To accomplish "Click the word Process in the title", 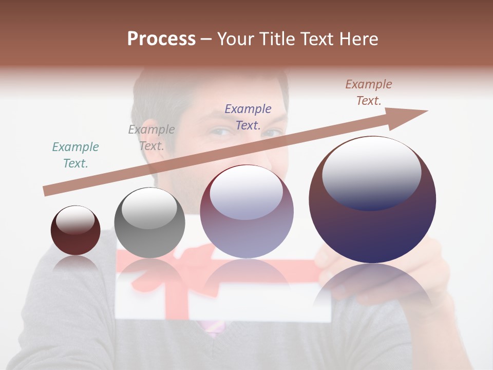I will pos(161,39).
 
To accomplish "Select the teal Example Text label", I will pos(75,155).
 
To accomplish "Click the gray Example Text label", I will pos(151,138).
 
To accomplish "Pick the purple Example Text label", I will pos(248,117).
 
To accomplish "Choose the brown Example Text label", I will pos(369,92).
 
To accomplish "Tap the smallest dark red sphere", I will pos(75,230).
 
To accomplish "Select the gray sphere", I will pos(149,223).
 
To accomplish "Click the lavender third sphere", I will pos(246,212).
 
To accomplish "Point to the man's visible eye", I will pos(221,132).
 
